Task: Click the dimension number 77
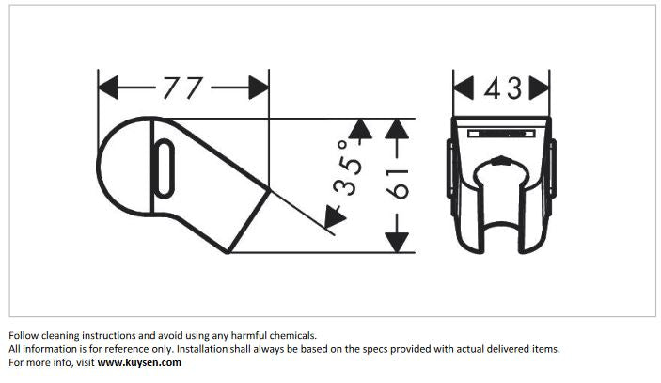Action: [x=183, y=88]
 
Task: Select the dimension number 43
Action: [x=503, y=88]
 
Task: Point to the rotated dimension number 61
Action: [x=397, y=184]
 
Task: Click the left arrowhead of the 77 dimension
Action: [x=108, y=88]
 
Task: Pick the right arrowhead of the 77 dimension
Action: [x=259, y=88]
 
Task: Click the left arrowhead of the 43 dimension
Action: [x=464, y=88]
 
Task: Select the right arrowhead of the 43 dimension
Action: [x=540, y=88]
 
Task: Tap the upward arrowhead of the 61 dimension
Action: [x=397, y=129]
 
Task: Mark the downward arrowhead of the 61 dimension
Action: [x=397, y=243]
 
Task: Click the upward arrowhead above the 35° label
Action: [x=360, y=129]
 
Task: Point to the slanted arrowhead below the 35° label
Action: [x=335, y=216]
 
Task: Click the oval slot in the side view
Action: [x=164, y=168]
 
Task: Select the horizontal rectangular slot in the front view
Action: [x=501, y=134]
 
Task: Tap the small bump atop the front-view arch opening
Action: [x=501, y=160]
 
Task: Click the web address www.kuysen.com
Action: [x=139, y=362]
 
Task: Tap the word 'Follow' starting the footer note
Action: [x=24, y=336]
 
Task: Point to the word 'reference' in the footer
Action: [x=126, y=349]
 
